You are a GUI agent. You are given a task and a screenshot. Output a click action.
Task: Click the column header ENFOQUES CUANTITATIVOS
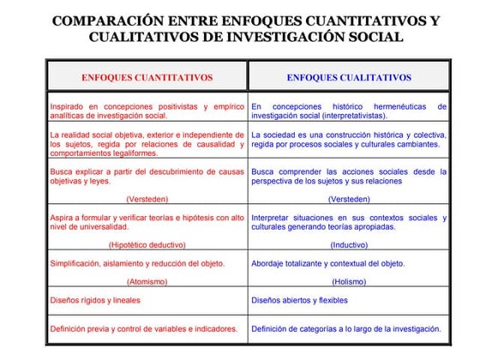147,77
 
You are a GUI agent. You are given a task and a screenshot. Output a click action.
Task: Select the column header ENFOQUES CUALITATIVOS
349,77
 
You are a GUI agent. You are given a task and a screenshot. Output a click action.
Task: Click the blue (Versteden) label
349,199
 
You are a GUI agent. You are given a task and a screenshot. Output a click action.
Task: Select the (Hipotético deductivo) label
147,244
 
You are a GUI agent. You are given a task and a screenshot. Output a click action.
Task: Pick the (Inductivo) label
349,244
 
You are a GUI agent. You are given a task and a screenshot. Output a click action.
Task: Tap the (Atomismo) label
147,281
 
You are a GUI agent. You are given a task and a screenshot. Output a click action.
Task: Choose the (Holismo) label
349,281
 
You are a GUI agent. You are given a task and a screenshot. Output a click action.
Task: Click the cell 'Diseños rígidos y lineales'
95,301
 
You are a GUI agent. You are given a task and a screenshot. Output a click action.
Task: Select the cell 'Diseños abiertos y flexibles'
300,301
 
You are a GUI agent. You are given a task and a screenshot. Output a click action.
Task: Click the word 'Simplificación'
79,263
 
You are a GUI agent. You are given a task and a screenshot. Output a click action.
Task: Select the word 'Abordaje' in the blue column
270,263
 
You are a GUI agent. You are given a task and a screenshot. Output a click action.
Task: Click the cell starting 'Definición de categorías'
346,328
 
